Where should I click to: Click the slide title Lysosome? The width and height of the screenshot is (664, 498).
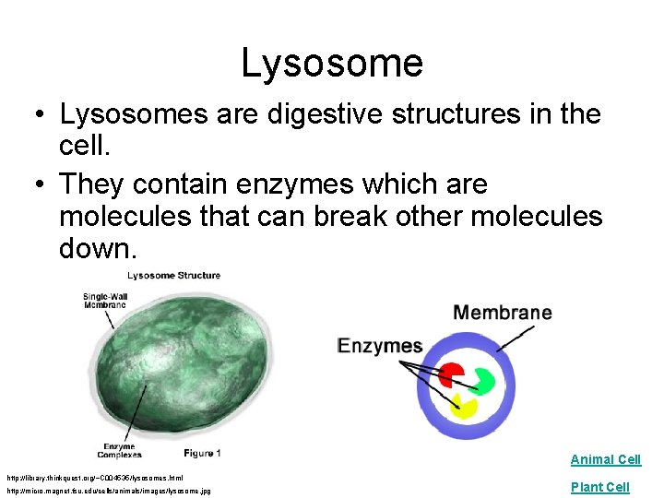[332, 63]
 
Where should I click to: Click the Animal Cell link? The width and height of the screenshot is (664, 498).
[605, 459]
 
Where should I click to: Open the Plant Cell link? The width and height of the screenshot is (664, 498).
[599, 487]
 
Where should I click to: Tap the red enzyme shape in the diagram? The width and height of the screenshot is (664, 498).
[452, 373]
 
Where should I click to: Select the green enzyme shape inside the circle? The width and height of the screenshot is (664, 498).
[482, 378]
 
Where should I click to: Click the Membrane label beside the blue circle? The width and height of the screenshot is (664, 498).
[502, 313]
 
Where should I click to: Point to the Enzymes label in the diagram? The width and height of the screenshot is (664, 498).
[379, 346]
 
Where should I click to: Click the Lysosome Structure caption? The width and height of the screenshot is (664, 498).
[174, 275]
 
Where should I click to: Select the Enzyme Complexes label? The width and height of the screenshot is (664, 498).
[120, 450]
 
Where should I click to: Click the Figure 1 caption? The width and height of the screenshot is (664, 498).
[201, 452]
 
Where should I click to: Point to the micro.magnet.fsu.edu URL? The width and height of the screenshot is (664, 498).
[110, 491]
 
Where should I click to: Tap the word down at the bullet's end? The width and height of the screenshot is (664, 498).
[97, 248]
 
